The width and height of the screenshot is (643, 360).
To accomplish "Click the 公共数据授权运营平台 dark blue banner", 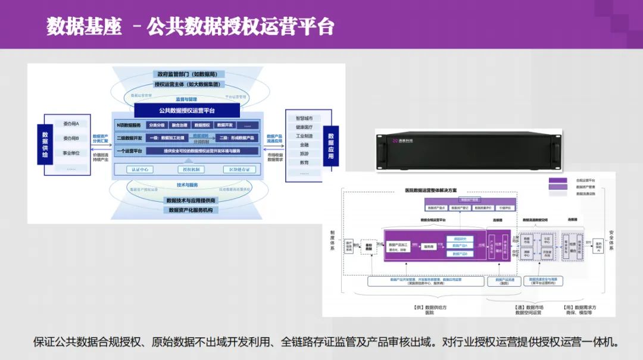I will [x=187, y=111].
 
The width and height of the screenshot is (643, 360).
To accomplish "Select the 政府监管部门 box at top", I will [x=188, y=74].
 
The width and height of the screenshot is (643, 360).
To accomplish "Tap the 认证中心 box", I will [x=140, y=170].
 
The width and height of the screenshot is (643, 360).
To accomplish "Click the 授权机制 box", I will [x=190, y=170].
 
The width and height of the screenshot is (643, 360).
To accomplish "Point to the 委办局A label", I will [x=75, y=123].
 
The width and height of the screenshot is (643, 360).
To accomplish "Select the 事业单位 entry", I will [x=75, y=153].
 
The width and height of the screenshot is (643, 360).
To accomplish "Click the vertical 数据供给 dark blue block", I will [x=45, y=146].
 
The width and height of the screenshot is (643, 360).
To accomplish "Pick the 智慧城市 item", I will [x=304, y=118].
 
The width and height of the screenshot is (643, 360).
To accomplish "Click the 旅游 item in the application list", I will [x=304, y=154].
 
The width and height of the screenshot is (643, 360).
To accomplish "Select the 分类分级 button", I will [x=157, y=126].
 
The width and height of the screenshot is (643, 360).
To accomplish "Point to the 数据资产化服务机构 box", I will [x=191, y=210].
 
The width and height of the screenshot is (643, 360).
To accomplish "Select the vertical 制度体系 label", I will [x=332, y=241].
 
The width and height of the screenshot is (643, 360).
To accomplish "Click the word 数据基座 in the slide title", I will [x=84, y=27].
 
